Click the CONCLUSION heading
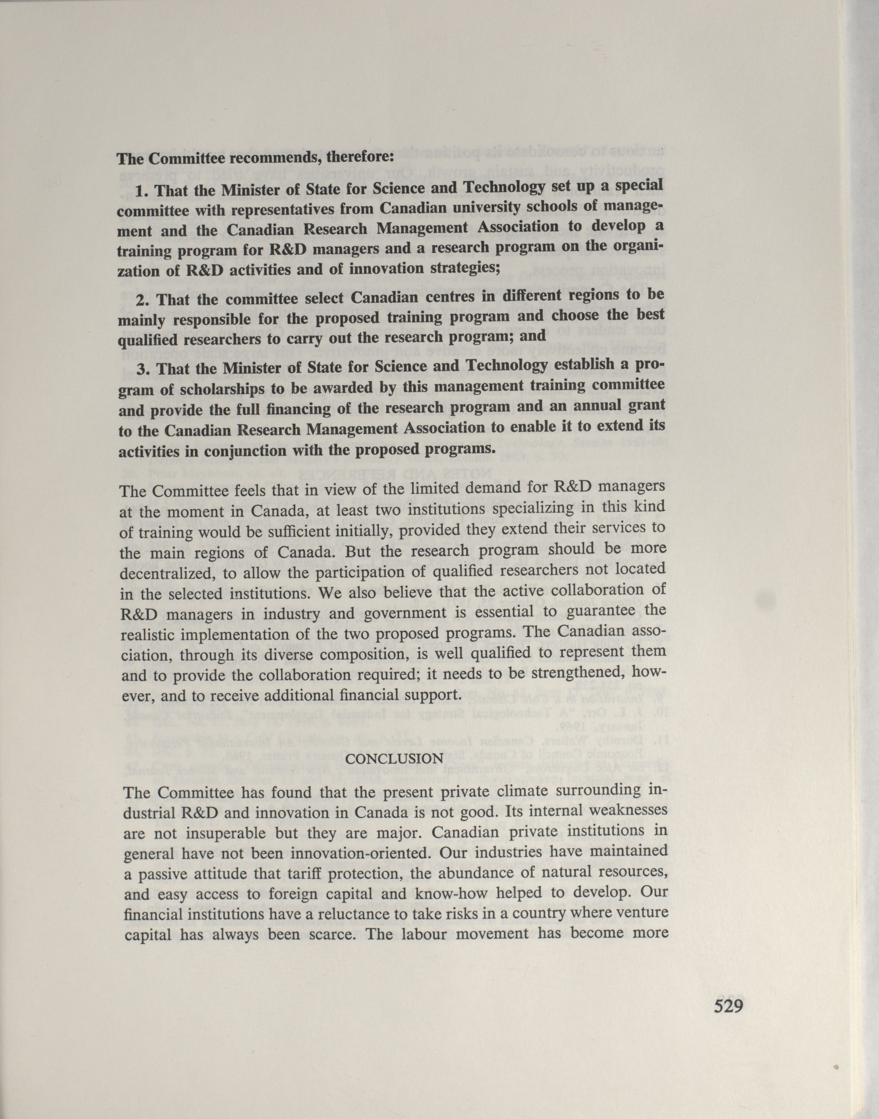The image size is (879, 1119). [x=394, y=759]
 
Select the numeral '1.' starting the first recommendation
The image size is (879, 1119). [x=142, y=191]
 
